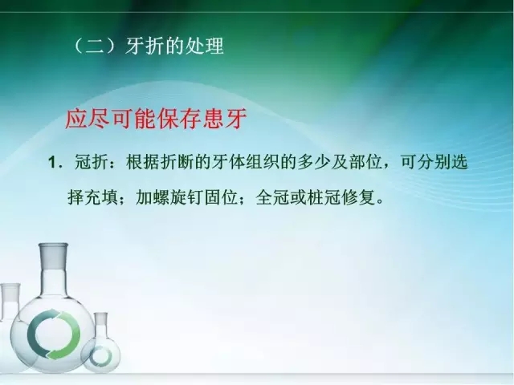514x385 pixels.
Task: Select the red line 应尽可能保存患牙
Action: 153,120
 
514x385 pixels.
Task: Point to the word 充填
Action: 104,196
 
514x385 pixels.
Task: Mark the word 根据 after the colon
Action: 139,163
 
